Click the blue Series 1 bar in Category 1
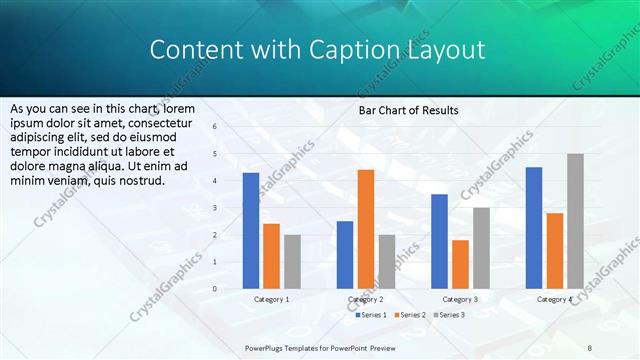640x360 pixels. (x=251, y=231)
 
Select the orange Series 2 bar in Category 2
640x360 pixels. (x=366, y=229)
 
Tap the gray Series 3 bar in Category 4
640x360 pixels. (x=575, y=221)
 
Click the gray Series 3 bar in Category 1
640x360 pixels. (x=292, y=262)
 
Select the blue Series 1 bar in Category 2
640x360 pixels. (x=345, y=255)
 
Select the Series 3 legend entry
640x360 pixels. (x=450, y=315)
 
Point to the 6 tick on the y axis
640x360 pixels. (x=215, y=127)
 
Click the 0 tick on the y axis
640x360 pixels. (x=215, y=289)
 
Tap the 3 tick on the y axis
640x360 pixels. (x=215, y=208)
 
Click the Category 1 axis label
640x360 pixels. (x=271, y=299)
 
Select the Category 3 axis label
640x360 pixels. (x=460, y=299)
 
